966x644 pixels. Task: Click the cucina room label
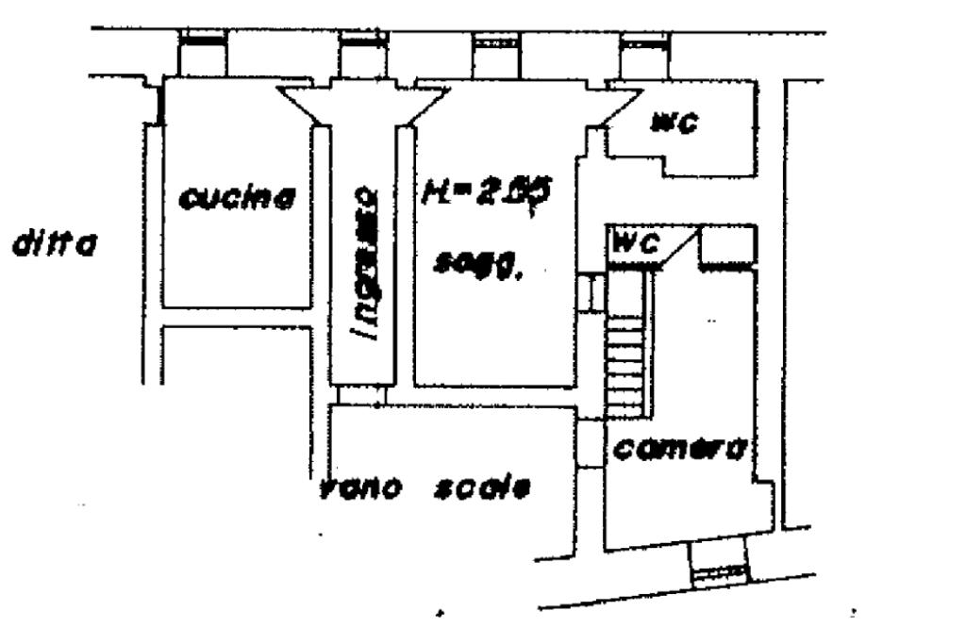pyautogui.click(x=238, y=198)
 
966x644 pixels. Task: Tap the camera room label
pyautogui.click(x=679, y=449)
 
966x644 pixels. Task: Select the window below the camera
pyautogui.click(x=718, y=570)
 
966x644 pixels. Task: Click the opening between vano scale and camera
pyautogui.click(x=589, y=442)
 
